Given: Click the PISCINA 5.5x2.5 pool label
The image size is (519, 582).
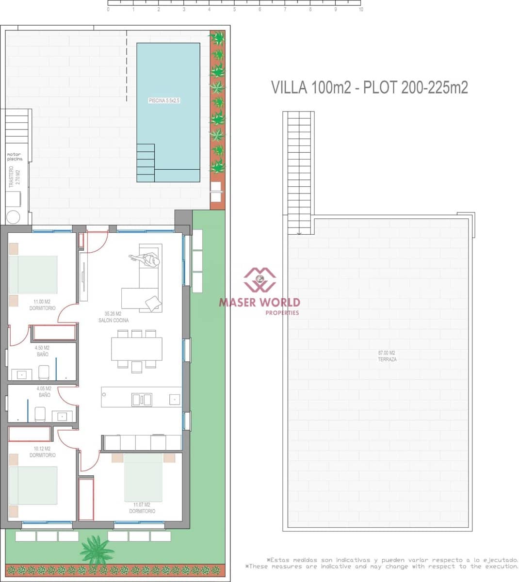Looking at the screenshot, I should click(x=164, y=100).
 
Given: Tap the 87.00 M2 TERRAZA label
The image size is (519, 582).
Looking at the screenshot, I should click(x=387, y=356).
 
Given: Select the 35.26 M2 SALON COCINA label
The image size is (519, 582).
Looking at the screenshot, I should click(x=113, y=317).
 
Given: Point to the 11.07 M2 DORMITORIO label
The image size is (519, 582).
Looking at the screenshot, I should click(x=142, y=508).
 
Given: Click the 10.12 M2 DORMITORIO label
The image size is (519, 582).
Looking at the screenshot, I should click(x=42, y=452).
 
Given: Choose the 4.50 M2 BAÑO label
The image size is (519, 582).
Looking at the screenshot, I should click(x=42, y=351).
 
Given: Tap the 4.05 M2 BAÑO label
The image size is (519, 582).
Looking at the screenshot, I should click(x=44, y=392).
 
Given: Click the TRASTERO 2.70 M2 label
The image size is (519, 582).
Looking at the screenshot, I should click(x=15, y=177).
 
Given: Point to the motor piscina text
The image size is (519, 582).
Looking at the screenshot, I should click(x=15, y=157).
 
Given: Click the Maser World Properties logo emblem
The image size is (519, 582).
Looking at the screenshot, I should click(x=259, y=279).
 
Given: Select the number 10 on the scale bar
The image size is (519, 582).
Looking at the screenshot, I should click(x=360, y=9).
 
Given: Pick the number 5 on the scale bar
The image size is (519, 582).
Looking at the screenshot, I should click(x=234, y=9).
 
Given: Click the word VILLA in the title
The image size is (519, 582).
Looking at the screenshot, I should click(x=289, y=87).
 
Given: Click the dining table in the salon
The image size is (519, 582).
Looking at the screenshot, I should click(x=137, y=349).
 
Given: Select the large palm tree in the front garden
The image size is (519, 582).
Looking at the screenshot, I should click(x=97, y=550).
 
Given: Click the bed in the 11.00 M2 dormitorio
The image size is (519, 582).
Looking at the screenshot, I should click(x=33, y=275).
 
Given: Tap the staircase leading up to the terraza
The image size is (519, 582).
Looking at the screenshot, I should click(x=299, y=172).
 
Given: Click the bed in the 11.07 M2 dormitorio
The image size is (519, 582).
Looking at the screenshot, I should click(x=143, y=477).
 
